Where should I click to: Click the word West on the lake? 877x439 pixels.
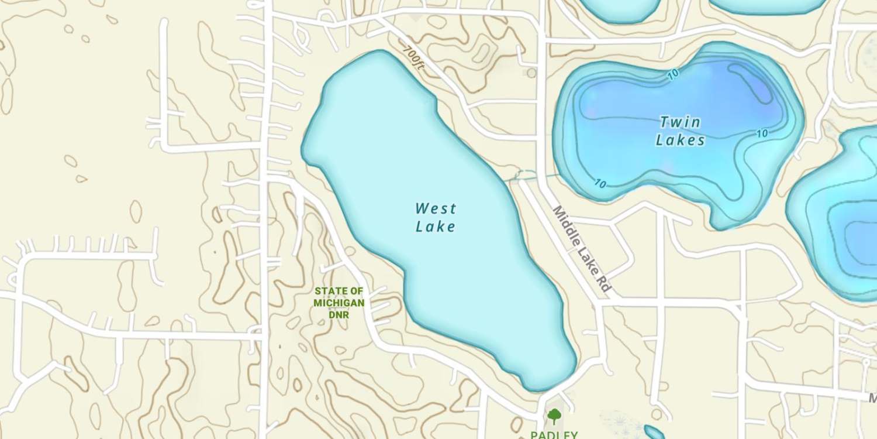436,208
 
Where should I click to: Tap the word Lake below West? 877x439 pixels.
435,227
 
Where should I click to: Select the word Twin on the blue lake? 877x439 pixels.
680,122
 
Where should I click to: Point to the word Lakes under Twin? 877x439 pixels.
680,140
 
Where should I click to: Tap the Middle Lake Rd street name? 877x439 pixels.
582,249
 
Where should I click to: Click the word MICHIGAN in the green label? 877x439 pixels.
339,303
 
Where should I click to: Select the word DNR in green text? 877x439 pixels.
339,315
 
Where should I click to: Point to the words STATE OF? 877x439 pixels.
339,291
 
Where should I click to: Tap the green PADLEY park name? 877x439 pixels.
554,435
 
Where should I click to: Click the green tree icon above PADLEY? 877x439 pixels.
554,417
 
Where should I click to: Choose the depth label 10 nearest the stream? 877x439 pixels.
600,184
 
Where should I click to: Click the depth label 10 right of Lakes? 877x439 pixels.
762,133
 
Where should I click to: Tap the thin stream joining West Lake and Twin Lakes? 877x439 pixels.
532,175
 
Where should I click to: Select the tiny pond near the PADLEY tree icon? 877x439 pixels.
654,433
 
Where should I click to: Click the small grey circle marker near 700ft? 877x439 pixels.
531,73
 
